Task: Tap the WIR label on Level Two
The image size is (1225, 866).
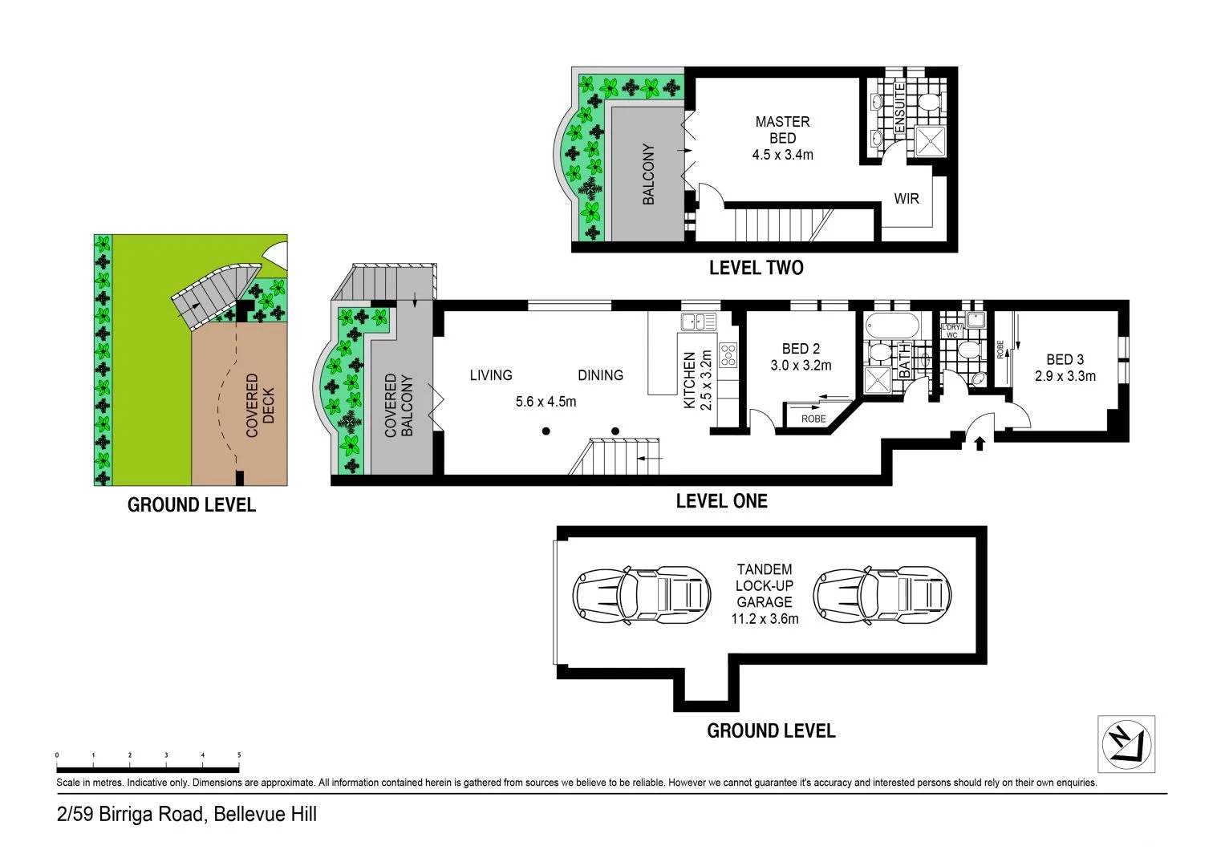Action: [907, 198]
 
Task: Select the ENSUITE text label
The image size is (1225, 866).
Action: [899, 108]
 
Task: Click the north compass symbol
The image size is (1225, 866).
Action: [1126, 744]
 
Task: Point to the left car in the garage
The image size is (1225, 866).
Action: [641, 594]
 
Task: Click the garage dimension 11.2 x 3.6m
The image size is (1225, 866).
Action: [765, 619]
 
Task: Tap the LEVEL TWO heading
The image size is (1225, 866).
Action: [756, 268]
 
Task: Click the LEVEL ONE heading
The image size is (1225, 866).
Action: [721, 501]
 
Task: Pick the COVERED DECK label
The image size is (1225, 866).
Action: [260, 405]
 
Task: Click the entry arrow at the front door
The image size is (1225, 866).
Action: [979, 443]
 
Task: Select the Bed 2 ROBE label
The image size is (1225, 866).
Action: [813, 419]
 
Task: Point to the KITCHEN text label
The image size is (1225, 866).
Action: [688, 381]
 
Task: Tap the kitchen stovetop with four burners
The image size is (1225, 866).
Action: [728, 354]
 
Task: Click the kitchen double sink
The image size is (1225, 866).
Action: [698, 322]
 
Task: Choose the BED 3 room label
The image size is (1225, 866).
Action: [1065, 360]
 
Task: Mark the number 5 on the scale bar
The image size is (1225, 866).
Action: [239, 755]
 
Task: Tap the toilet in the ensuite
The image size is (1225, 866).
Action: [930, 103]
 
